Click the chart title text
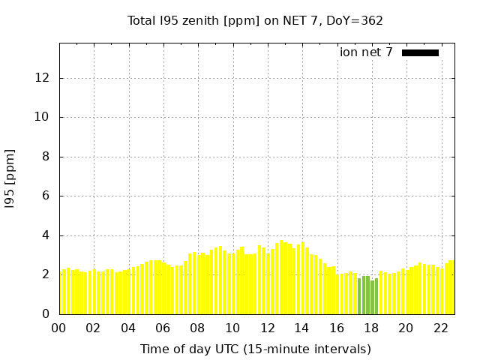[x=255, y=21]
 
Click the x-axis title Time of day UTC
[x=255, y=349]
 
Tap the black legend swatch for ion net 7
[x=420, y=52]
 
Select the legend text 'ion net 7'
[x=366, y=52]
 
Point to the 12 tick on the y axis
[x=43, y=78]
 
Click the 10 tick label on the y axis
[x=43, y=118]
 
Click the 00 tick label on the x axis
[x=58, y=328]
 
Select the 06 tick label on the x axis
[x=163, y=328]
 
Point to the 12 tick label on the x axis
[x=267, y=328]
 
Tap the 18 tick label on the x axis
[x=371, y=328]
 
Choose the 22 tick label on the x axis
[x=440, y=328]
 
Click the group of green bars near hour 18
[x=367, y=296]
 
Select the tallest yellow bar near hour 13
[x=282, y=277]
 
